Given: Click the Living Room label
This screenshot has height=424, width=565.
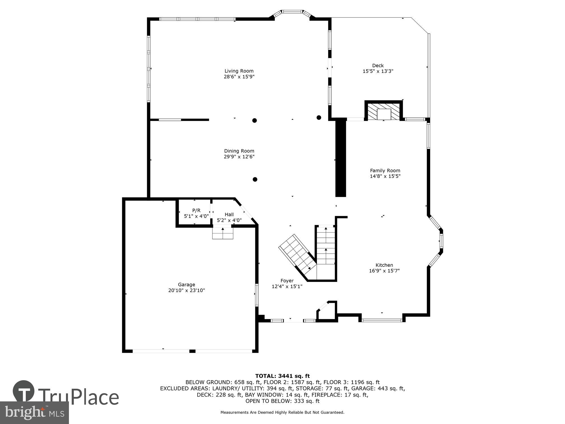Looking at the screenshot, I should [239, 71].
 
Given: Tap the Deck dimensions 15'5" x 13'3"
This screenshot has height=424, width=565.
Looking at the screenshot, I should [378, 72].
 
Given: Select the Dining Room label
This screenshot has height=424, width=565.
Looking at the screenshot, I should [239, 151].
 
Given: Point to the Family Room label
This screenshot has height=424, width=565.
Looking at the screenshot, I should [385, 170].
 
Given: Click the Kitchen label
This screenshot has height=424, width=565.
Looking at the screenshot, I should [384, 265].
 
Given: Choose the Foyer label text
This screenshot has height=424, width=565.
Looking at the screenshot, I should [287, 281].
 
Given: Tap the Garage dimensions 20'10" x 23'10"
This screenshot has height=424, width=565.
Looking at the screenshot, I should [186, 290].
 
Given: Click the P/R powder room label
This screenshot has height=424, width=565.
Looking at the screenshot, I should [196, 210].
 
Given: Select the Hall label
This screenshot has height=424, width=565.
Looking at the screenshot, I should [229, 215].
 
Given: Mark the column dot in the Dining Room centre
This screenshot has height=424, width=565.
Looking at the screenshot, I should [255, 179].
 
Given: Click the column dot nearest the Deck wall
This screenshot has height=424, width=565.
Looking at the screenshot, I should [319, 118].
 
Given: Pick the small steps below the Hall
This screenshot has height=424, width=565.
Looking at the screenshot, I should [223, 233].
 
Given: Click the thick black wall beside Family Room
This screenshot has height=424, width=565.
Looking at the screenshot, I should [340, 158].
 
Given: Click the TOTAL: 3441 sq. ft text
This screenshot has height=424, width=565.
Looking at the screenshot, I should [282, 376].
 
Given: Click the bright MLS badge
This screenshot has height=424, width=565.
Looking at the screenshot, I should [34, 413].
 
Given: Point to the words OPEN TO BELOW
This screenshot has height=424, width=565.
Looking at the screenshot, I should [263, 401].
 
